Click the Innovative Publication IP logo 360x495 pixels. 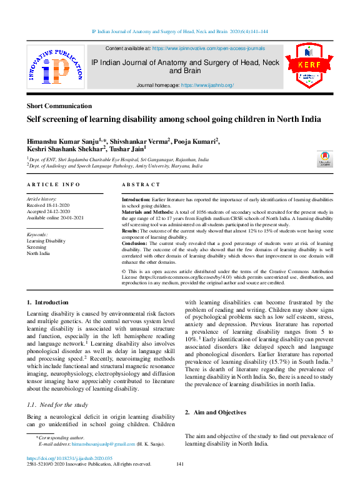coord(55,67)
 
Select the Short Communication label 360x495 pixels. coord(59,106)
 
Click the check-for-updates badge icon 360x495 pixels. coord(324,158)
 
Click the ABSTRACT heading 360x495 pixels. coord(141,185)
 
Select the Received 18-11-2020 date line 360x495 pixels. coord(50,206)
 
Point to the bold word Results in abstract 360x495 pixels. coord(131,231)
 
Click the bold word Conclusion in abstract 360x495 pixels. coord(136,242)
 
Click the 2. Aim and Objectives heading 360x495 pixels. coord(215,412)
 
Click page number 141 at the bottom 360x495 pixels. coord(180,464)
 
